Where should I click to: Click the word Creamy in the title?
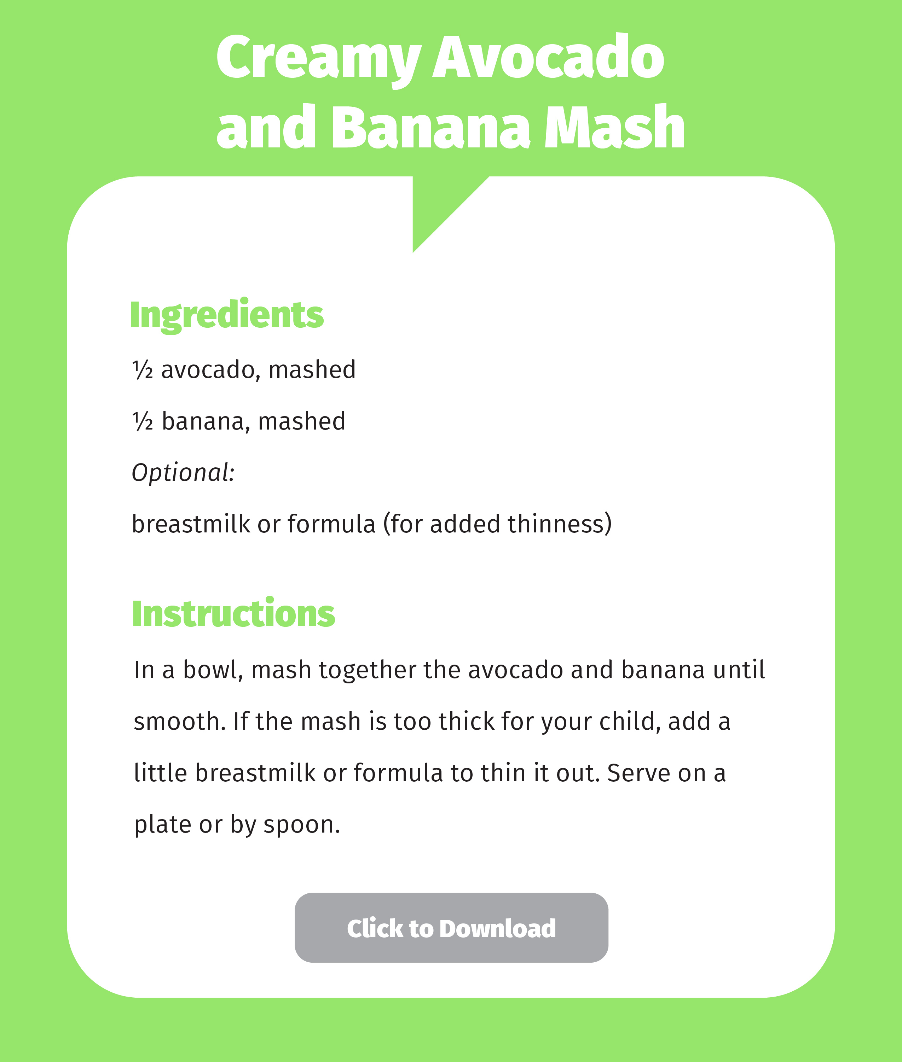click(x=318, y=58)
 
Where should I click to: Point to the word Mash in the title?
click(x=614, y=128)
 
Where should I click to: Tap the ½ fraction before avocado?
click(x=143, y=369)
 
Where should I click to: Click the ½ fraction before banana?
click(x=143, y=421)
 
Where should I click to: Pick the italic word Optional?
click(x=183, y=472)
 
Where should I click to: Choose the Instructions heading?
click(x=233, y=613)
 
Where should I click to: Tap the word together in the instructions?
click(x=367, y=670)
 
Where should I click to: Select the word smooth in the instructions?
click(x=179, y=722)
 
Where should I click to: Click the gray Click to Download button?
click(x=451, y=928)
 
